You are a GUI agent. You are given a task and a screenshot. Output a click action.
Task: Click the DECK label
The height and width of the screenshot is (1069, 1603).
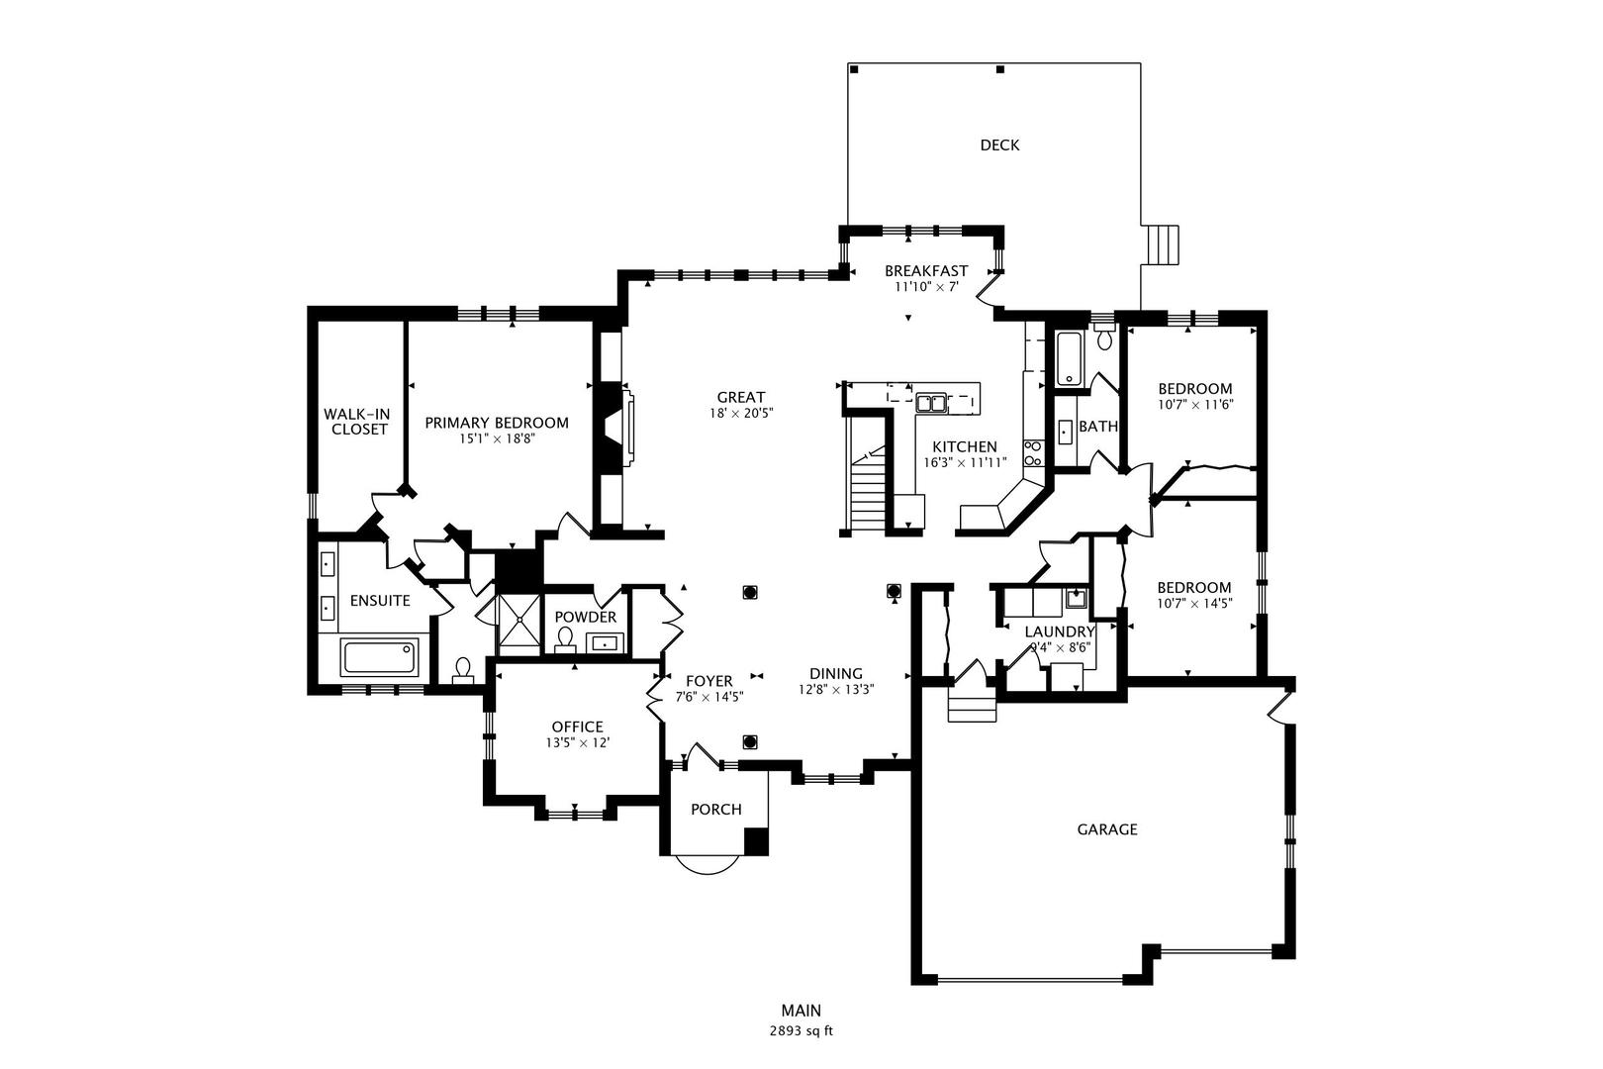pyautogui.click(x=999, y=146)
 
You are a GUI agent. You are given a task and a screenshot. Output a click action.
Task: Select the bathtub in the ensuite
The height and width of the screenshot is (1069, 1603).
pyautogui.click(x=379, y=657)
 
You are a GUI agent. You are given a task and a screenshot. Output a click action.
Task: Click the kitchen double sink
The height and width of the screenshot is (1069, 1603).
pyautogui.click(x=931, y=402)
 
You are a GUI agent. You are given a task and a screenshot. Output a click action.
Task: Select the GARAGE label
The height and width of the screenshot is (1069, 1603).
pyautogui.click(x=1107, y=829)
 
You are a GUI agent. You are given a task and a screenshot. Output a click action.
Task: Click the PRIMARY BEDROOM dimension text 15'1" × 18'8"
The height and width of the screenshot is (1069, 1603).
pyautogui.click(x=497, y=438)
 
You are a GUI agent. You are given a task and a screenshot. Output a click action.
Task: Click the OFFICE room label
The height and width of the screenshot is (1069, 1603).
pyautogui.click(x=578, y=727)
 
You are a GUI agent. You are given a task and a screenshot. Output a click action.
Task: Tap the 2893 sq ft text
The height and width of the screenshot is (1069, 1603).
pyautogui.click(x=801, y=1030)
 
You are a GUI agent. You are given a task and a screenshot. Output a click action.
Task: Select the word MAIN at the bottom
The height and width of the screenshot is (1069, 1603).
pyautogui.click(x=801, y=1011)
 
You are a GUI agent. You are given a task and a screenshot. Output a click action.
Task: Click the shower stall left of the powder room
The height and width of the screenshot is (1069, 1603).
pyautogui.click(x=519, y=624)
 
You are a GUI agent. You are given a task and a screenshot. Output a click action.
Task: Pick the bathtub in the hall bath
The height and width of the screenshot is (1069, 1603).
pyautogui.click(x=1069, y=359)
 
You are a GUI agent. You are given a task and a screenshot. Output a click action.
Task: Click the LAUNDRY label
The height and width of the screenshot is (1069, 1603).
pyautogui.click(x=1059, y=632)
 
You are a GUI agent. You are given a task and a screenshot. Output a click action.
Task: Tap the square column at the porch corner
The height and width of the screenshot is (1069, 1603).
pyautogui.click(x=756, y=840)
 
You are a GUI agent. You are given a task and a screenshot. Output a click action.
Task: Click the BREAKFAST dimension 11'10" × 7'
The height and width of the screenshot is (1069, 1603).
pyautogui.click(x=926, y=287)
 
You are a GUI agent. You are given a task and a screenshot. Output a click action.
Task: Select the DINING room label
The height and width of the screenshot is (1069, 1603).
pyautogui.click(x=836, y=673)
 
